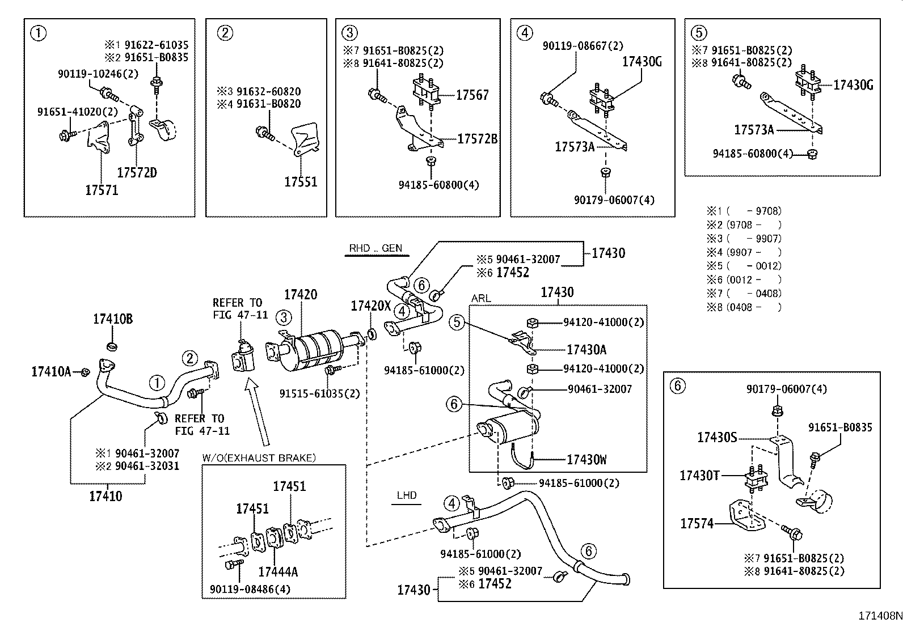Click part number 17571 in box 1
(102, 190)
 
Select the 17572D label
(137, 172)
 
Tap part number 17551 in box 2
(301, 181)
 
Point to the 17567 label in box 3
(472, 95)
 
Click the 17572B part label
(477, 138)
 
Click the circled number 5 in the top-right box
(699, 32)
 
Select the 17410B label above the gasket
(113, 319)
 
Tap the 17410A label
(51, 371)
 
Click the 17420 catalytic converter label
(301, 294)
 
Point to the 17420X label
(371, 306)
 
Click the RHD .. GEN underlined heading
(375, 248)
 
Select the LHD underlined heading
(407, 495)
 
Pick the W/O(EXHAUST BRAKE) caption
(259, 457)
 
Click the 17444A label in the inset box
(278, 571)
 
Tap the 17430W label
(586, 460)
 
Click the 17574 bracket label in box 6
(697, 523)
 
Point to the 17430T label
(699, 475)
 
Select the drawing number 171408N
(879, 616)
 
